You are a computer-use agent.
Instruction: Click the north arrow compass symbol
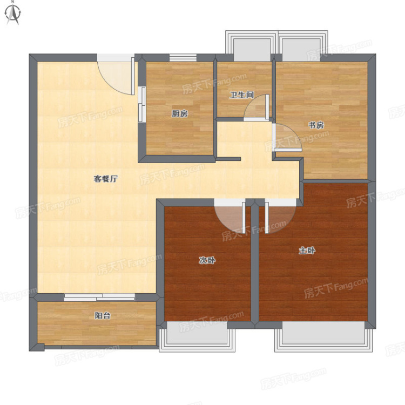click(13, 13)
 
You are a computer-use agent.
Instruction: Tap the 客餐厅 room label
click(106, 179)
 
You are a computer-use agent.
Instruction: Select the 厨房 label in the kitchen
click(180, 113)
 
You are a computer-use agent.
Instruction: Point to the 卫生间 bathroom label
click(242, 95)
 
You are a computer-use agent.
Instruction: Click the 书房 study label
click(316, 125)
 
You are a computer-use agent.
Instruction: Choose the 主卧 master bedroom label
click(307, 250)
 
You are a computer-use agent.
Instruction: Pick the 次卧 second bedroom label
click(207, 260)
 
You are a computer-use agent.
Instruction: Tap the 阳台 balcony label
click(103, 315)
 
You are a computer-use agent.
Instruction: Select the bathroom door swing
click(256, 107)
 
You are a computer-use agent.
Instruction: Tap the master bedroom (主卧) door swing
click(280, 218)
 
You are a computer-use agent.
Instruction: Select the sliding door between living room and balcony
click(99, 297)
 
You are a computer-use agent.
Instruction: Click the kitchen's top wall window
click(183, 58)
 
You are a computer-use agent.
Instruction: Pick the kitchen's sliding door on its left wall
click(142, 104)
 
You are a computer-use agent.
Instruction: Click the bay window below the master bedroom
click(323, 336)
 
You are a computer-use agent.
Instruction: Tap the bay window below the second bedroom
click(197, 336)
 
